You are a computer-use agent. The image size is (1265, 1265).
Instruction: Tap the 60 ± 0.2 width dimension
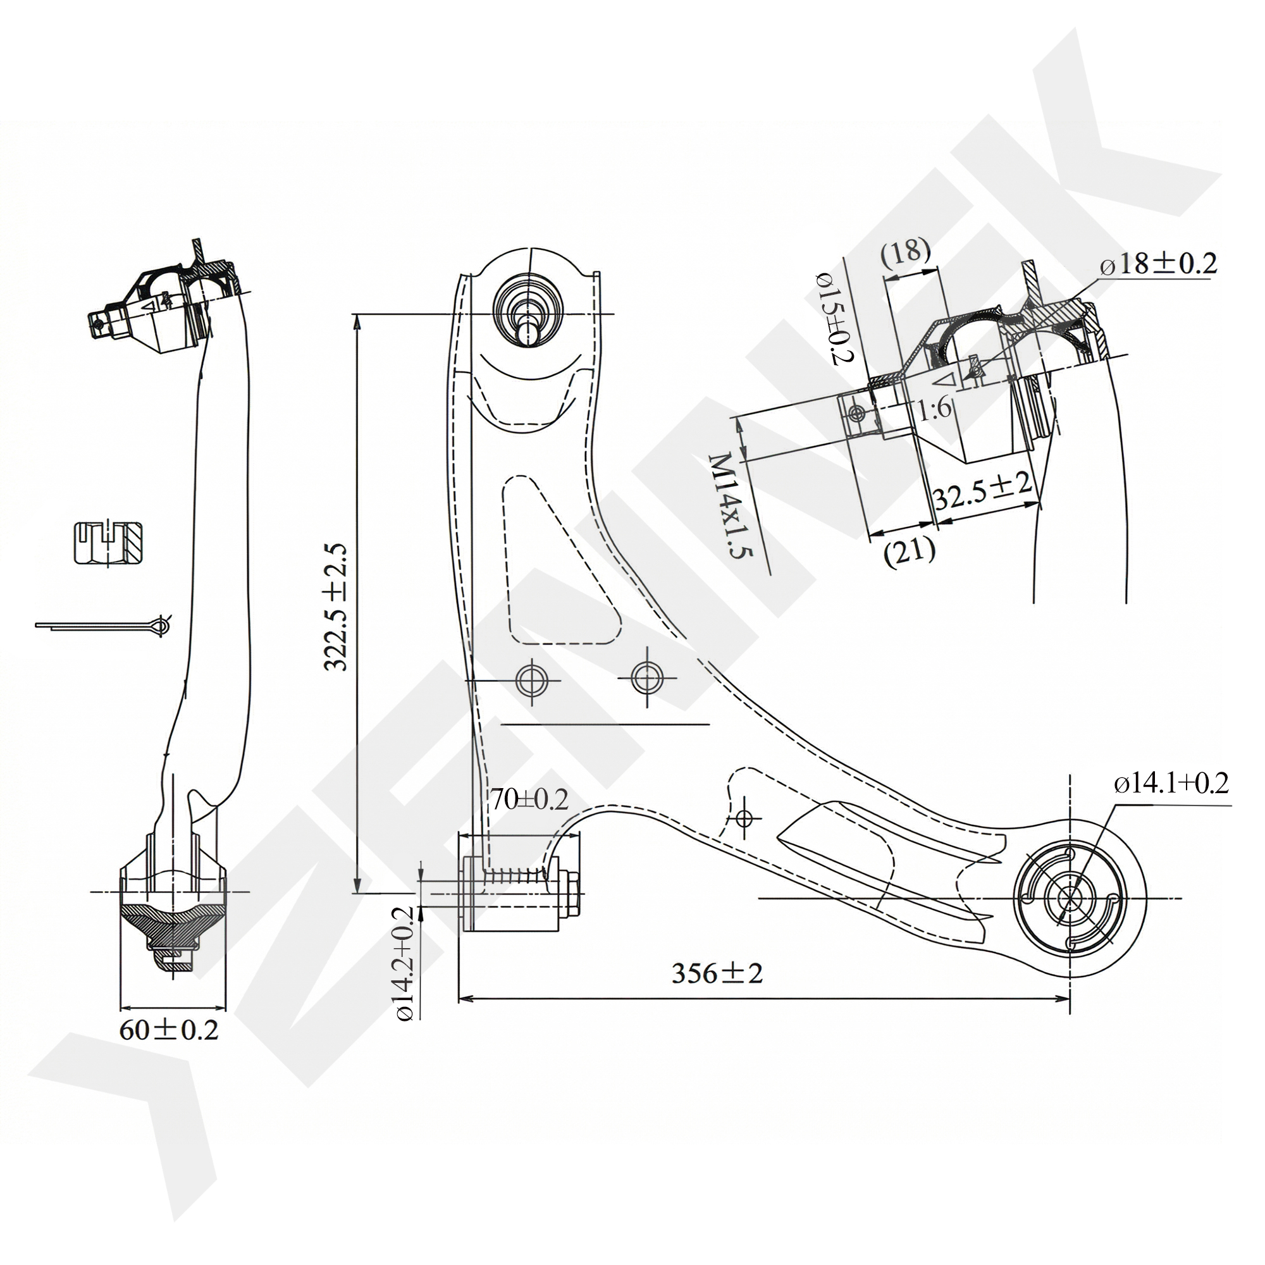pos(168,1030)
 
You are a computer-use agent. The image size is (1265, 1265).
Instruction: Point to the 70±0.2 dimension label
pos(529,799)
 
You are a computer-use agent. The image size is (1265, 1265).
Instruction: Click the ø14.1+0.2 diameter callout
pos(1171,784)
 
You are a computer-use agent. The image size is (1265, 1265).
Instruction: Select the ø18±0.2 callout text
pos(1157,264)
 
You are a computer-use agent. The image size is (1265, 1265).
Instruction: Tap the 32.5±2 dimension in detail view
pos(982,490)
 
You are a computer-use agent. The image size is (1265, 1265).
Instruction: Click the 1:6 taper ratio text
pos(934,409)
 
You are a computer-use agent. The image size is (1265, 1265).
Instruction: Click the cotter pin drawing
pos(105,626)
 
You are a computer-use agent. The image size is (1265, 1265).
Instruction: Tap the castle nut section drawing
pos(109,542)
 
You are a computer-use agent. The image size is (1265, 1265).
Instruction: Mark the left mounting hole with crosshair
pos(532,681)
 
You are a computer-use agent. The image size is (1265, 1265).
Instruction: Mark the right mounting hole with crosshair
pos(646,677)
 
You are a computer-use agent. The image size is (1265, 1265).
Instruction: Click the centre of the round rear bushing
pos(1070,898)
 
